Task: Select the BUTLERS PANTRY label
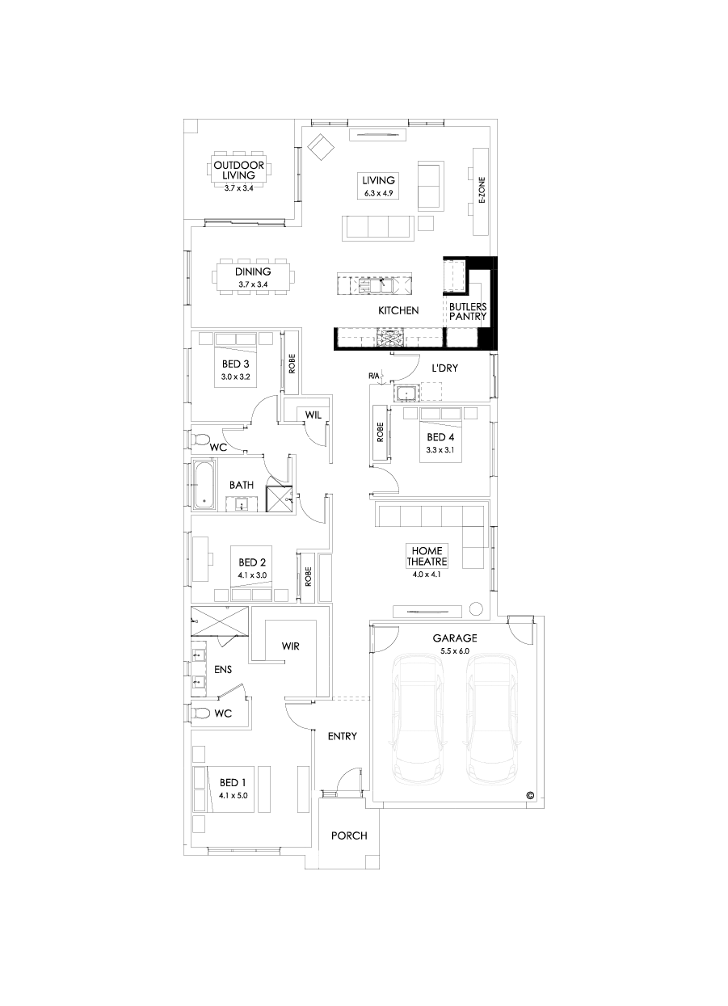[x=468, y=312]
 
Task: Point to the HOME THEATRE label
[x=427, y=556]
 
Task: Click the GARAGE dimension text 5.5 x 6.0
[x=454, y=650]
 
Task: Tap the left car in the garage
[x=417, y=719]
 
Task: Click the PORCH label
[x=349, y=836]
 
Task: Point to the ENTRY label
[x=342, y=736]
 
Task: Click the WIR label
[x=291, y=646]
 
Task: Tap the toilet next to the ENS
[x=200, y=713]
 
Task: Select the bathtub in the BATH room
[x=204, y=484]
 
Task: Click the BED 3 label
[x=235, y=364]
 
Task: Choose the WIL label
[x=313, y=415]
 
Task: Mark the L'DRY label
[x=445, y=368]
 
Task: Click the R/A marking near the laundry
[x=373, y=376]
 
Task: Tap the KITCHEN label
[x=398, y=310]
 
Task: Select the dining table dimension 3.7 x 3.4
[x=253, y=284]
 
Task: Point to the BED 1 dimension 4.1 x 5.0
[x=234, y=795]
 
